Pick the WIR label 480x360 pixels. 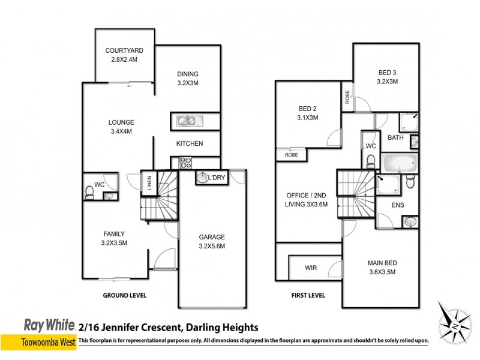[310, 268]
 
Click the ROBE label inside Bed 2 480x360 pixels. [291, 155]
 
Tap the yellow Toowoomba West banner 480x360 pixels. [37, 340]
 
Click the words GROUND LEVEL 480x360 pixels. [125, 295]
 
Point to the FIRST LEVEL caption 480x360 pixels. [308, 295]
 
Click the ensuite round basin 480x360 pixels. [410, 223]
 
